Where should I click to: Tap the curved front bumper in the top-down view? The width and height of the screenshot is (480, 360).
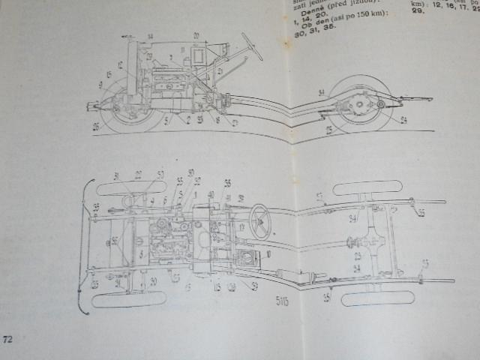(82, 240)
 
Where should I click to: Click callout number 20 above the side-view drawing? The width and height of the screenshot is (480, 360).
(196, 35)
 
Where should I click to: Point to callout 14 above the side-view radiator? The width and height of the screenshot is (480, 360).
(150, 36)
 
